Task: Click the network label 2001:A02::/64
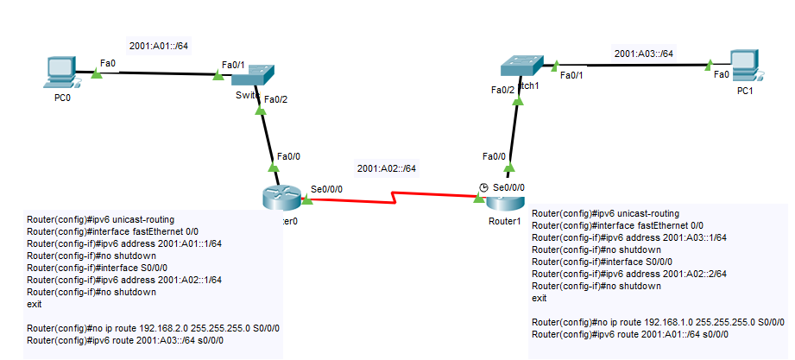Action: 388,167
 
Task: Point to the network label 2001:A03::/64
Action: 644,54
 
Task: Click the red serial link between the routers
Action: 393,199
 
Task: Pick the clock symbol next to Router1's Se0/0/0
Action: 484,186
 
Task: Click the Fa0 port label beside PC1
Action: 721,74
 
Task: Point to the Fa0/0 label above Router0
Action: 287,156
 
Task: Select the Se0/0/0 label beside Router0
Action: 325,187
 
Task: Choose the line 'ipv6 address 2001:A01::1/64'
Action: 124,243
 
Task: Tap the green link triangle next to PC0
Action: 96,75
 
